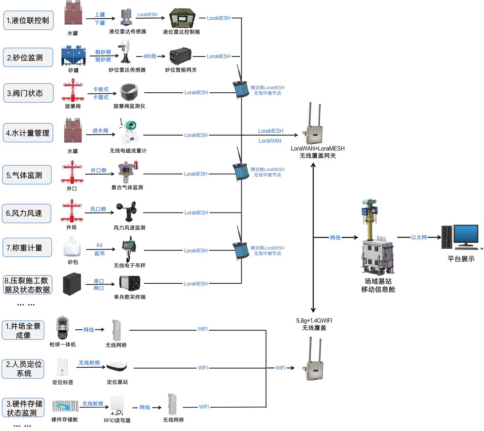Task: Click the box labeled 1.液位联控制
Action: point(28,20)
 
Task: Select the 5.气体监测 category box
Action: point(27,175)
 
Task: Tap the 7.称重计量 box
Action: point(27,248)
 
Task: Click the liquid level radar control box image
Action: point(182,19)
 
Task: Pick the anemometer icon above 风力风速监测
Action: point(127,211)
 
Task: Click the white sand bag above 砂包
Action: point(72,247)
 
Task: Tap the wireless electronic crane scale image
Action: point(129,249)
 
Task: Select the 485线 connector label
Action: point(150,56)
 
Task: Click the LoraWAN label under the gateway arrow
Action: point(270,141)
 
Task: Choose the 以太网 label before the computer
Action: point(419,237)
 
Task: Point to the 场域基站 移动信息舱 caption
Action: point(378,285)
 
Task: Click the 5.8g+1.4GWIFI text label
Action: point(314,321)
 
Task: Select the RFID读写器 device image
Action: point(117,406)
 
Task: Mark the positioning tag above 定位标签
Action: point(63,367)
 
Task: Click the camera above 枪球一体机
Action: point(63,328)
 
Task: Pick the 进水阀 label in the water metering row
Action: point(100,131)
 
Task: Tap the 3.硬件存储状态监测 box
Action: point(23,408)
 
